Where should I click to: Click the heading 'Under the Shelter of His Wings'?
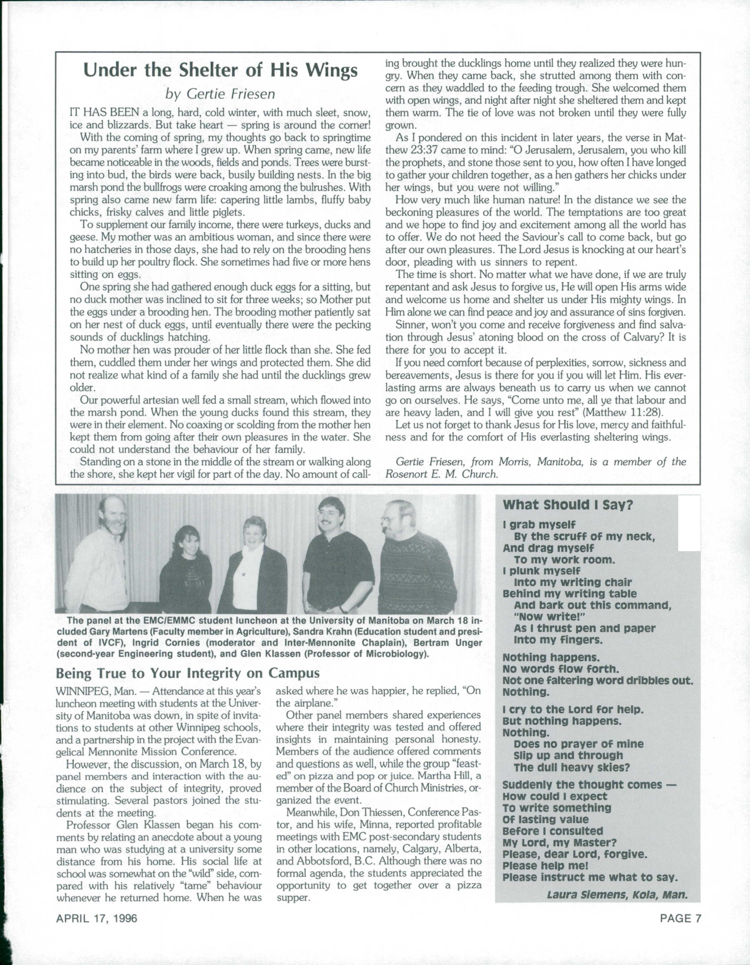220,70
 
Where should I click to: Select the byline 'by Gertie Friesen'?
220,94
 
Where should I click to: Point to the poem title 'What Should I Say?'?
568,505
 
